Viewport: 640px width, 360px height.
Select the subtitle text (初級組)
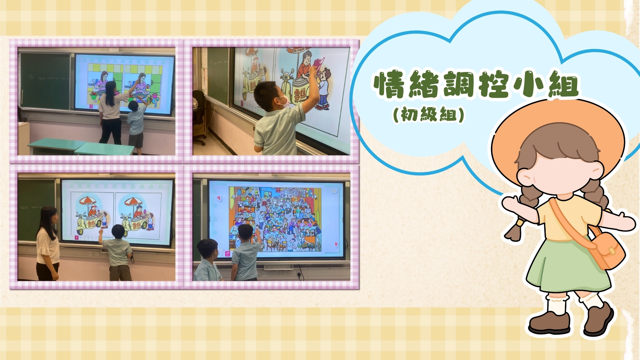click(x=429, y=115)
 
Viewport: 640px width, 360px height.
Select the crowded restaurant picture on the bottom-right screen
click(x=275, y=219)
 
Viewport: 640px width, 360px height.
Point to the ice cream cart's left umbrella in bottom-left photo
click(x=88, y=201)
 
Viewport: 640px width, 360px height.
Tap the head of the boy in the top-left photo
click(x=133, y=106)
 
